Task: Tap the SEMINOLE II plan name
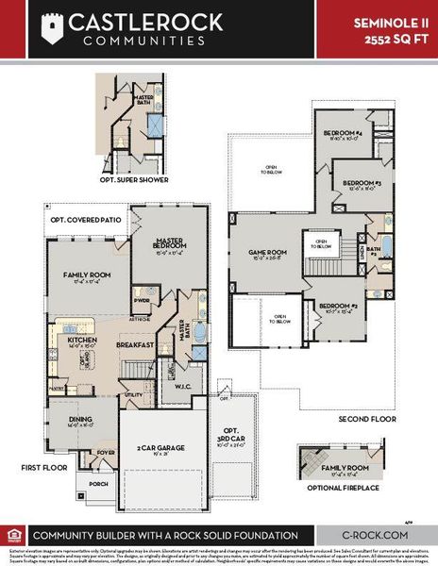390,20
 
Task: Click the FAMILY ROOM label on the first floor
83,275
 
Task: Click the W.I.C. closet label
183,385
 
